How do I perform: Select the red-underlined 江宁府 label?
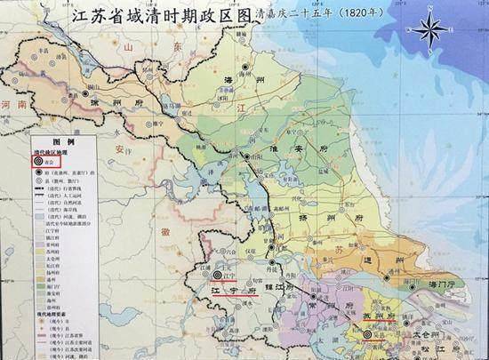point(235,290)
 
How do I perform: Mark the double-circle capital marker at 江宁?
point(216,276)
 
